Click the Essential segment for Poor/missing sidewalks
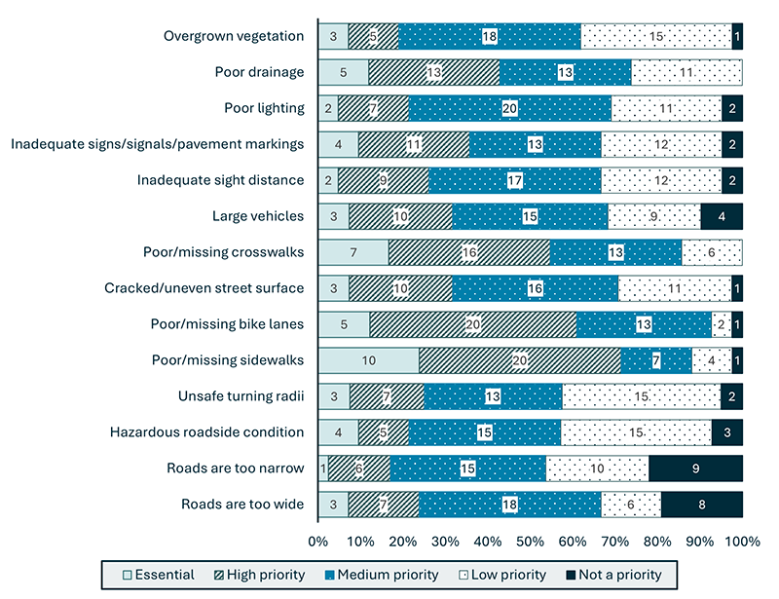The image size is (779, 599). [x=369, y=360]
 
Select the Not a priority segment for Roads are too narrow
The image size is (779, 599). [x=695, y=468]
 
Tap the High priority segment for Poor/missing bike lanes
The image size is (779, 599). [x=472, y=324]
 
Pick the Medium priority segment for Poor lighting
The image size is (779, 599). [x=509, y=108]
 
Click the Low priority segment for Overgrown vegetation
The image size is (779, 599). [x=656, y=36]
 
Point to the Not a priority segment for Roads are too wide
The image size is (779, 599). [x=702, y=505]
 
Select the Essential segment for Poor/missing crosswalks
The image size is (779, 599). [x=353, y=252]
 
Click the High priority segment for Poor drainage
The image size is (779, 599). [x=433, y=72]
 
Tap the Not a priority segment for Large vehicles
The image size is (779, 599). [x=722, y=216]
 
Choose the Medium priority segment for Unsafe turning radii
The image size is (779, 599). [x=493, y=396]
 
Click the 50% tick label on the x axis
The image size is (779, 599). [x=530, y=541]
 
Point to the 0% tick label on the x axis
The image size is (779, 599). [x=318, y=541]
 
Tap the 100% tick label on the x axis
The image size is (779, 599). [x=742, y=541]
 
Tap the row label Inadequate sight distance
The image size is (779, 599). [x=220, y=180]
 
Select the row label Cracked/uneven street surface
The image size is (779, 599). [x=204, y=288]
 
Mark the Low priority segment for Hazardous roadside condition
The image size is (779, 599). [x=636, y=432]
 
